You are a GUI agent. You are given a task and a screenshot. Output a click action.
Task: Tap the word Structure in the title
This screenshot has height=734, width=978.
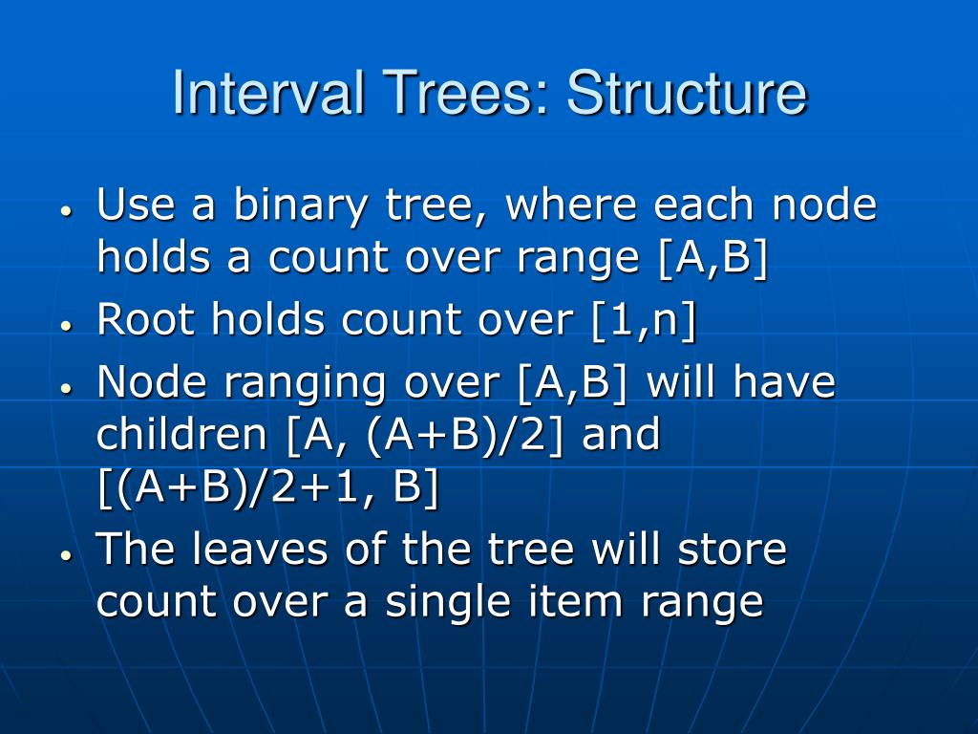tap(686, 94)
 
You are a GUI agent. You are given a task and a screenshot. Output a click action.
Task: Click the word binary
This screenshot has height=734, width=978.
tap(303, 205)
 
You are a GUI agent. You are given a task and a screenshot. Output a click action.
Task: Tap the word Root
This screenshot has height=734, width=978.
tap(147, 321)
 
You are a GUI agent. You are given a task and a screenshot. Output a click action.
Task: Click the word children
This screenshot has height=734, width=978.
tap(183, 436)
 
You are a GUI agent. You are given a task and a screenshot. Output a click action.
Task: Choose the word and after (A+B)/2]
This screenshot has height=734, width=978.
tap(621, 436)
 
